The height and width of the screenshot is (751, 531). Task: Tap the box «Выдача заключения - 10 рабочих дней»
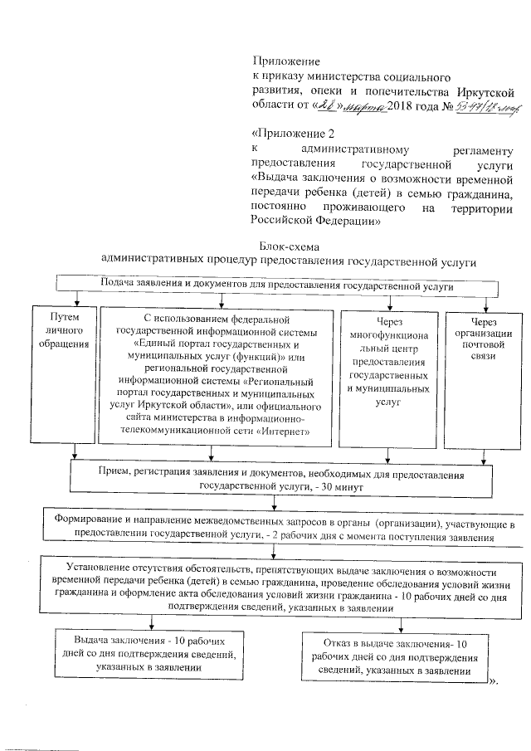pyautogui.click(x=149, y=656)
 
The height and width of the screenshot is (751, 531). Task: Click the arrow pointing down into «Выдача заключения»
pyautogui.click(x=150, y=623)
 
